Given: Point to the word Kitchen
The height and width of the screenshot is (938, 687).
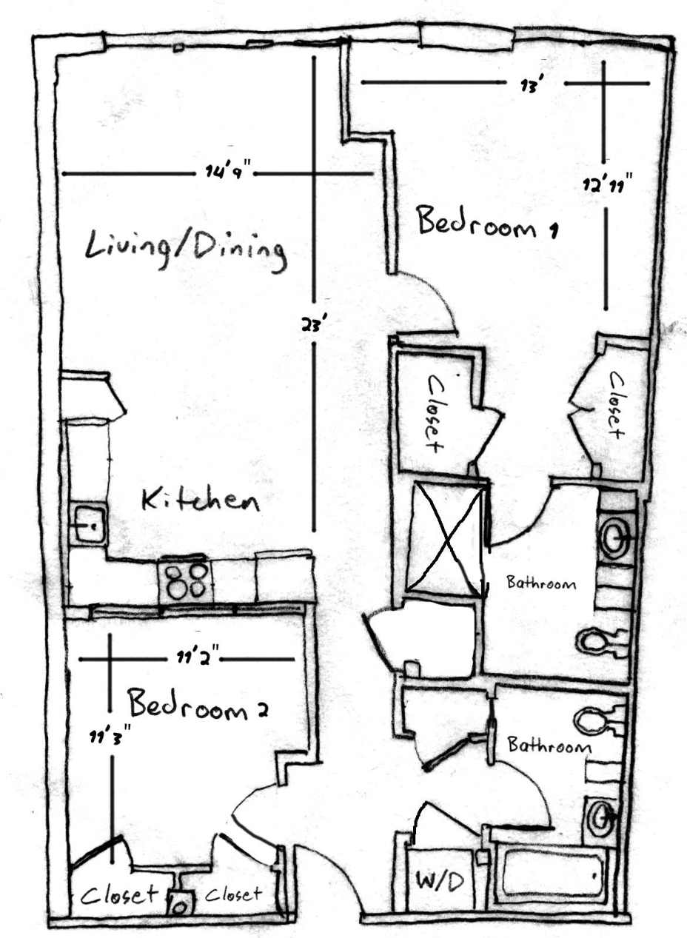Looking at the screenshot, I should click(201, 501).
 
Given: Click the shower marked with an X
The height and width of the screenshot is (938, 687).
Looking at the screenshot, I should click(446, 537).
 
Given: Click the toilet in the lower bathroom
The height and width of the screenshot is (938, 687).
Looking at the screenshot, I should click(597, 719).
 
